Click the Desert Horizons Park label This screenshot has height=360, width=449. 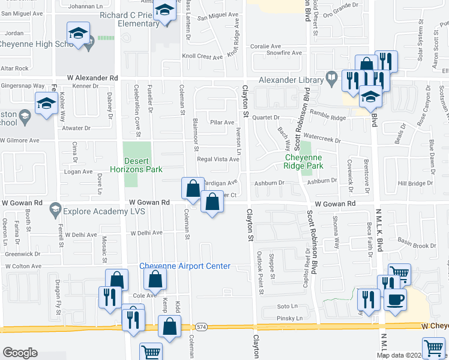pos(143,165)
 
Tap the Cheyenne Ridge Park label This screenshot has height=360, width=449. pos(303,161)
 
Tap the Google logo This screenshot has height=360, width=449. pos(20,352)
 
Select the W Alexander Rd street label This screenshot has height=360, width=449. pos(92,78)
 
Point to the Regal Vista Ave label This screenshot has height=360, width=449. pos(218,159)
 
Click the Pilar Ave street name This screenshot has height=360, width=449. pos(221,122)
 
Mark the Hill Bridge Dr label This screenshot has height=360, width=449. pos(415,183)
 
